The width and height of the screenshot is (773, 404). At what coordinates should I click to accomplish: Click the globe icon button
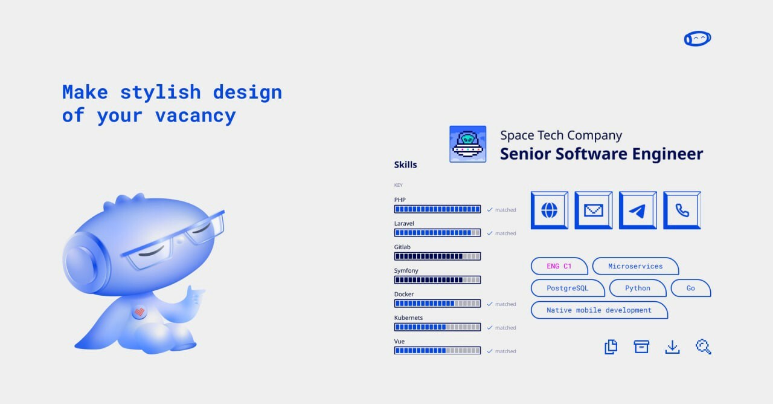(550, 210)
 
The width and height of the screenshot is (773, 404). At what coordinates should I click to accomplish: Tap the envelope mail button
(594, 210)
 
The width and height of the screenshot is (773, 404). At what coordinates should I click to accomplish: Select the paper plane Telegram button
(638, 210)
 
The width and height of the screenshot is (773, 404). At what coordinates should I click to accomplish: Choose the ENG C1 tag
(559, 266)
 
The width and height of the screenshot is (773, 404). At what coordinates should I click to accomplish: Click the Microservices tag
(636, 266)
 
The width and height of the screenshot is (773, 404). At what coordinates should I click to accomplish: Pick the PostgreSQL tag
(568, 288)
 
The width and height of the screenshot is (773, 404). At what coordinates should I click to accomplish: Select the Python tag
(638, 288)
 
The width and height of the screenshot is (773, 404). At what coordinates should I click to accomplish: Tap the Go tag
(691, 288)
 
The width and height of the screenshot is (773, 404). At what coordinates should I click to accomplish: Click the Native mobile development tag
(600, 310)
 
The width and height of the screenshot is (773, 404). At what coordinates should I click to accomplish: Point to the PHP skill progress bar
(438, 209)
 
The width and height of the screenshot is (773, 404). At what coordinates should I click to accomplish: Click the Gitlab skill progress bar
(438, 256)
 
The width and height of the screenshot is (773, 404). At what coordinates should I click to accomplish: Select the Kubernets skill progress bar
(438, 327)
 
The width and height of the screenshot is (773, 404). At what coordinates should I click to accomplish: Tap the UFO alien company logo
(468, 144)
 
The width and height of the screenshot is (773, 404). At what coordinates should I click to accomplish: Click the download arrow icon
(673, 347)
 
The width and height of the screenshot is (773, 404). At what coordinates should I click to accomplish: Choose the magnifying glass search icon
(704, 347)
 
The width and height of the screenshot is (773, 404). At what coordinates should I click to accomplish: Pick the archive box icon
(641, 347)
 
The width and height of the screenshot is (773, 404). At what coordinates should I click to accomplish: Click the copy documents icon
(611, 347)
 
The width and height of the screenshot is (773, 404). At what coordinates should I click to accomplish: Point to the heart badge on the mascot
(140, 312)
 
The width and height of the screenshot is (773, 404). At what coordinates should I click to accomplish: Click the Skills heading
(405, 165)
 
